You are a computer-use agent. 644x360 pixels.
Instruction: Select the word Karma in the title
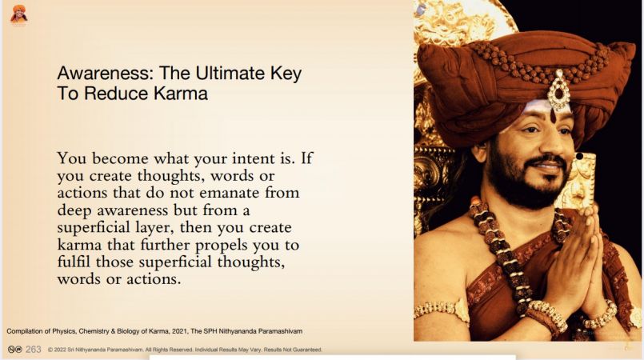tap(181, 93)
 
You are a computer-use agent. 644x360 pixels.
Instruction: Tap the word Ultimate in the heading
tap(230, 73)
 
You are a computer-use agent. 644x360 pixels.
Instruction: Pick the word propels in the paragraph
tap(222, 246)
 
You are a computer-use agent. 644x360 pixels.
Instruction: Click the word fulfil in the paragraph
tap(74, 262)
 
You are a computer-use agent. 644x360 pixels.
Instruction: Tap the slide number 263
tap(34, 350)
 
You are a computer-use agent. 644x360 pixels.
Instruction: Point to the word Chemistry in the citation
tap(94, 331)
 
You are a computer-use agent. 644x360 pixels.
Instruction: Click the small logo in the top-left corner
tap(19, 14)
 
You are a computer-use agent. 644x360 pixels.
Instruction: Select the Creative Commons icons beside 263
tap(14, 350)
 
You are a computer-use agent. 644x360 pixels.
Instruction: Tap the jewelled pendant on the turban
tap(558, 90)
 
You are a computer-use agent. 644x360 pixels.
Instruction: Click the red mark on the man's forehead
tap(554, 117)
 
